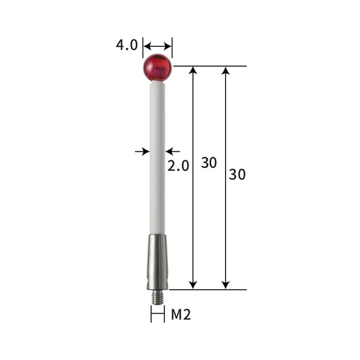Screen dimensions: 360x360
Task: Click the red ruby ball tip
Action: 157,67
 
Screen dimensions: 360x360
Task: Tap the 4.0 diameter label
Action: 127,46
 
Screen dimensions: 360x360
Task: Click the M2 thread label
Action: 181,314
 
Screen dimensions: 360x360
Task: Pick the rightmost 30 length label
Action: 238,175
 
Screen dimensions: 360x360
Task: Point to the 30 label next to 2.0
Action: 208,163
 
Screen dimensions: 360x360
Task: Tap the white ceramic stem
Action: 157,156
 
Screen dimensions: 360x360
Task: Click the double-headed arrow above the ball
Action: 158,46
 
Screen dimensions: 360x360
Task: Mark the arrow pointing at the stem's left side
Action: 143,152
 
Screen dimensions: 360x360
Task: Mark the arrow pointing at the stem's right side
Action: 172,152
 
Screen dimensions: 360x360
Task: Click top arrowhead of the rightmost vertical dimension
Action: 226,71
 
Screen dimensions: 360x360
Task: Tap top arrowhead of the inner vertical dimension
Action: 193,71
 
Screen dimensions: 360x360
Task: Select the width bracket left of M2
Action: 157,314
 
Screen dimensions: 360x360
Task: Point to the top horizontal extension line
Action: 210,66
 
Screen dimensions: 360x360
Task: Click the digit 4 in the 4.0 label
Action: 121,46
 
